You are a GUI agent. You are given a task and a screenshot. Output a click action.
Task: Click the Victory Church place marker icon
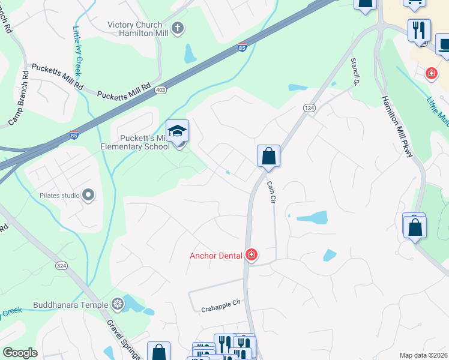pos(178,28)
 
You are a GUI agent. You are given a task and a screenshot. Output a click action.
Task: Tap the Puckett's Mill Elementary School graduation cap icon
pos(178,131)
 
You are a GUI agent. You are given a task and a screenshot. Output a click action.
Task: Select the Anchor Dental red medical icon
pos(252,256)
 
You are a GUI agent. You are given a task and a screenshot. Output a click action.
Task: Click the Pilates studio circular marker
pos(89,194)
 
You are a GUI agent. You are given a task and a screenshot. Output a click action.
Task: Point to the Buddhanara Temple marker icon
pos(118,304)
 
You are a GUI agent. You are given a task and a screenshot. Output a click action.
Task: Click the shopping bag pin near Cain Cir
pos(269,156)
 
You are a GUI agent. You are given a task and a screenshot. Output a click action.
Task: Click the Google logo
pos(20,353)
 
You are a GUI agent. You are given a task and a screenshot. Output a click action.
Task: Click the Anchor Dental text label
pos(216,256)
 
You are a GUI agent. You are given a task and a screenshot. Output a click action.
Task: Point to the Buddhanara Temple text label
pos(71,304)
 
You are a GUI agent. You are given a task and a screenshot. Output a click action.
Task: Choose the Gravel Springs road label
pos(125,340)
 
